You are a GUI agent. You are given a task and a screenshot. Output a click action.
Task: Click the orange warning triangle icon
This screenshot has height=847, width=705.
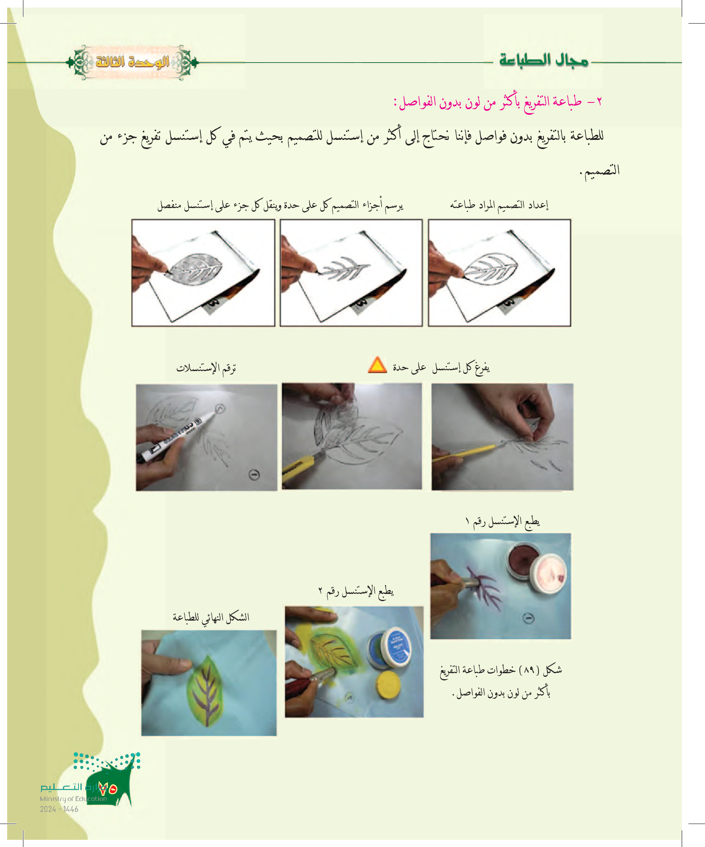click(377, 365)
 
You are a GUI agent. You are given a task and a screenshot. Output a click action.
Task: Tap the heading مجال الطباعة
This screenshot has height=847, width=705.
click(544, 61)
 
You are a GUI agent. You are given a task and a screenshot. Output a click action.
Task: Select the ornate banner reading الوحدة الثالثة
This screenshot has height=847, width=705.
click(132, 63)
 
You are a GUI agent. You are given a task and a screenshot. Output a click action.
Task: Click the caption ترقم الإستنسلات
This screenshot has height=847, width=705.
click(206, 368)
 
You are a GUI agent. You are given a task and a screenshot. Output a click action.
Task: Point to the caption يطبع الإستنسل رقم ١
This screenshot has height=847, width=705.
click(502, 521)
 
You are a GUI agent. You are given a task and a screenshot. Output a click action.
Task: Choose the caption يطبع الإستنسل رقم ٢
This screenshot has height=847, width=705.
click(356, 591)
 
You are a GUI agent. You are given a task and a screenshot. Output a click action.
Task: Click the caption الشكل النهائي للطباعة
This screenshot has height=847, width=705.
click(211, 617)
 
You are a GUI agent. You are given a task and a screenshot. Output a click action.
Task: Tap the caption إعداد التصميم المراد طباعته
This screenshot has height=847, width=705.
click(499, 205)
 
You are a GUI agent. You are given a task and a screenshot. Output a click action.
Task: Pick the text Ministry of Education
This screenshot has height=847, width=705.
click(73, 799)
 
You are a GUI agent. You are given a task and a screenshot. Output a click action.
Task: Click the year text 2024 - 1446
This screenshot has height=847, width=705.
click(59, 809)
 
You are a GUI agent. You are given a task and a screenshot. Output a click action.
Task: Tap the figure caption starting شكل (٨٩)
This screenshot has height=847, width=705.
click(501, 681)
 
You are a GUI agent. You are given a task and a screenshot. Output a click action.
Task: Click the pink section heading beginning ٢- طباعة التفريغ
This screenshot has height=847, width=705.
click(498, 102)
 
